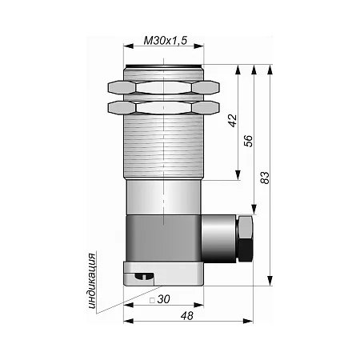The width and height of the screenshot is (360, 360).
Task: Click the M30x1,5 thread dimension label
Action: point(166,41)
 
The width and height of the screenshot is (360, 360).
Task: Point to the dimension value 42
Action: point(233,121)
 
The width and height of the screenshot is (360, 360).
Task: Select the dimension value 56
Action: point(248,141)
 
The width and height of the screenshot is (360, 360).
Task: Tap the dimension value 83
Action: point(265,178)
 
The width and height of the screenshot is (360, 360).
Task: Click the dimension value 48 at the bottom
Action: point(186,316)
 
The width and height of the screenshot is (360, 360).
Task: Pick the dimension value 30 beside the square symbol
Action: point(163,299)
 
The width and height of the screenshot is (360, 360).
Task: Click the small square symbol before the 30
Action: point(152,301)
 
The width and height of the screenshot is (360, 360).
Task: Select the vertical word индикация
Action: point(92,281)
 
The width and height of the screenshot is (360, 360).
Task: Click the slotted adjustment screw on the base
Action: point(145,277)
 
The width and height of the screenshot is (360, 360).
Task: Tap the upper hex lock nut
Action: point(164,87)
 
